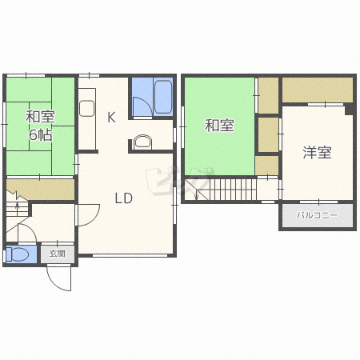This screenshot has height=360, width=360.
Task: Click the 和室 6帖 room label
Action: pyautogui.click(x=40, y=126)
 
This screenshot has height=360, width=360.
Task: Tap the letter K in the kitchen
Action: pyautogui.click(x=111, y=117)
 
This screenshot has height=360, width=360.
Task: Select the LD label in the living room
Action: pyautogui.click(x=123, y=198)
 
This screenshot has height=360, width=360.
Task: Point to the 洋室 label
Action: pyautogui.click(x=317, y=153)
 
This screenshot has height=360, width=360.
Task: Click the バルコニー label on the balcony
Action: pyautogui.click(x=317, y=215)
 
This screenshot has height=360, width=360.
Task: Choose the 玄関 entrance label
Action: pyautogui.click(x=58, y=254)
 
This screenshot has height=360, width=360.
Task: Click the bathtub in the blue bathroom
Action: pyautogui.click(x=163, y=97)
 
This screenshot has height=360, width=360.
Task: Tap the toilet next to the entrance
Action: pyautogui.click(x=18, y=254)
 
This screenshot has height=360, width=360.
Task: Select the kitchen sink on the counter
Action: pyautogui.click(x=87, y=108)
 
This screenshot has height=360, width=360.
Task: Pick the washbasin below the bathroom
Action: pyautogui.click(x=143, y=142)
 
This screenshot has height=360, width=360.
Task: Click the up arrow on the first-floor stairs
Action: pyautogui.click(x=18, y=206)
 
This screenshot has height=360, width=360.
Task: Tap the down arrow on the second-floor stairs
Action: pyautogui.click(x=197, y=194)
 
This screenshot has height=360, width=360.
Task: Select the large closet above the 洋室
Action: pyautogui.click(x=318, y=90)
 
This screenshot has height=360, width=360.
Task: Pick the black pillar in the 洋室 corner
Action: pyautogui.click(x=350, y=109)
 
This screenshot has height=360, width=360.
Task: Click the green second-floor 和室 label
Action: pyautogui.click(x=219, y=126)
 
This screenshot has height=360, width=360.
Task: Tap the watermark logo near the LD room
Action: pyautogui.click(x=178, y=181)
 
